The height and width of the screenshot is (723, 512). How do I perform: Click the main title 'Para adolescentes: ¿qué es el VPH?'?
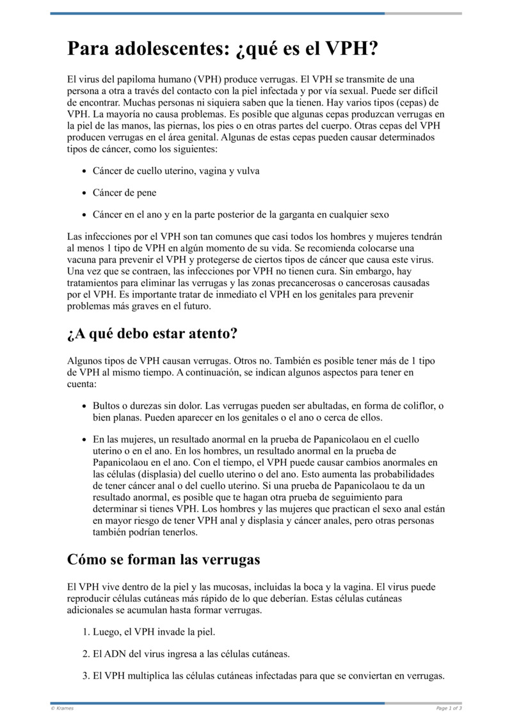pyautogui.click(x=223, y=49)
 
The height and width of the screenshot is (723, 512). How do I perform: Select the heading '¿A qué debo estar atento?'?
pyautogui.click(x=152, y=333)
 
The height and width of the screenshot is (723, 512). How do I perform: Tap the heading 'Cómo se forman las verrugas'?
pyautogui.click(x=163, y=559)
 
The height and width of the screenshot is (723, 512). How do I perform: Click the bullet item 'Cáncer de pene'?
pyautogui.click(x=124, y=193)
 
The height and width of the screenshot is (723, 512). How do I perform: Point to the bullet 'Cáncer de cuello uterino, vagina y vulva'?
pyautogui.click(x=176, y=171)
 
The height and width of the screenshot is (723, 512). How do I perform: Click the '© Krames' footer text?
pyautogui.click(x=62, y=708)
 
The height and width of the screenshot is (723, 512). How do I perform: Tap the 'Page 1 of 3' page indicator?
pyautogui.click(x=449, y=708)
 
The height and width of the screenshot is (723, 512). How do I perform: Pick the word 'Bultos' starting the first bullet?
pyautogui.click(x=107, y=406)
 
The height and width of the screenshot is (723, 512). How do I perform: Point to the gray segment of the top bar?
pyautogui.click(x=423, y=13)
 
